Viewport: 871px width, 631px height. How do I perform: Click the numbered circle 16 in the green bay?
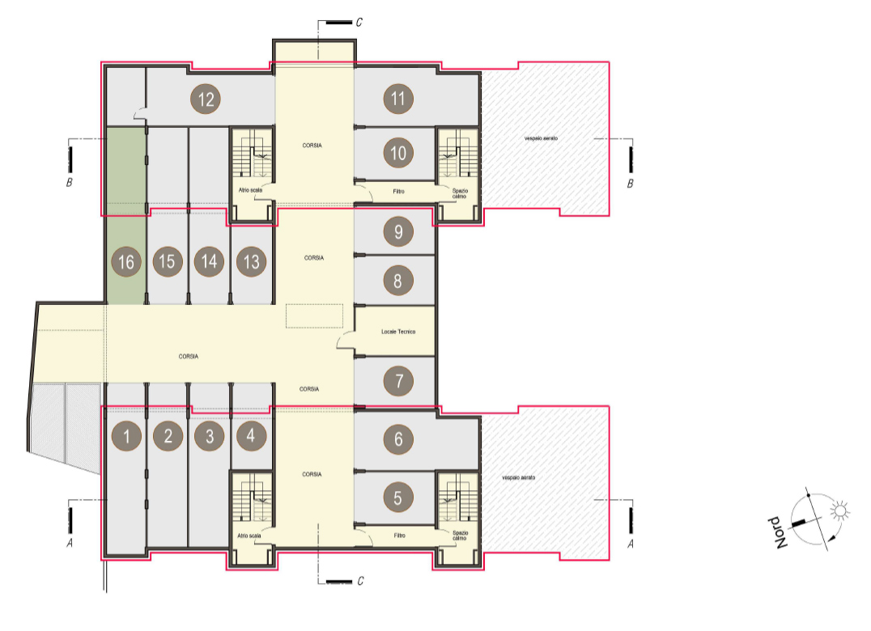(126, 261)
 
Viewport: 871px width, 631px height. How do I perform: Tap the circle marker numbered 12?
(206, 100)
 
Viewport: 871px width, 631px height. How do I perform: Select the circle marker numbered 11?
(398, 99)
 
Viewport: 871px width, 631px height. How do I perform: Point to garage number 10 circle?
(398, 153)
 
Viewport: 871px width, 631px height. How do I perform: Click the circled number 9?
(398, 231)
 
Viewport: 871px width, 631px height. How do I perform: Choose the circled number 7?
(398, 381)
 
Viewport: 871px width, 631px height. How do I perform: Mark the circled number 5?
(398, 498)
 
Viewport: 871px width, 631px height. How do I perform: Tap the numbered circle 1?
(126, 436)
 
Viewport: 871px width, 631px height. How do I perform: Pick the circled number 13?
(251, 261)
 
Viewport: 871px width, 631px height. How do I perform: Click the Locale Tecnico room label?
(398, 332)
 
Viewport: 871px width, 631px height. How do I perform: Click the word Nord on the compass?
(779, 533)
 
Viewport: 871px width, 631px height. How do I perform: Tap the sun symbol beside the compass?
(839, 510)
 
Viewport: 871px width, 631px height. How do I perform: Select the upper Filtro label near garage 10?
(399, 192)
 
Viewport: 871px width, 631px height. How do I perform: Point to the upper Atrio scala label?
(250, 190)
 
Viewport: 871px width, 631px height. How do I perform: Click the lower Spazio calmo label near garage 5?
(460, 536)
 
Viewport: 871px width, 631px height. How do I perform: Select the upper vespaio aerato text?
(541, 138)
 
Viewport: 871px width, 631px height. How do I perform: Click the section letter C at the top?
(359, 22)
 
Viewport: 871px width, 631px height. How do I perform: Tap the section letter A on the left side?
(70, 543)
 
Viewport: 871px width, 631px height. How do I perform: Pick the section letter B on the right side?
(630, 183)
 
